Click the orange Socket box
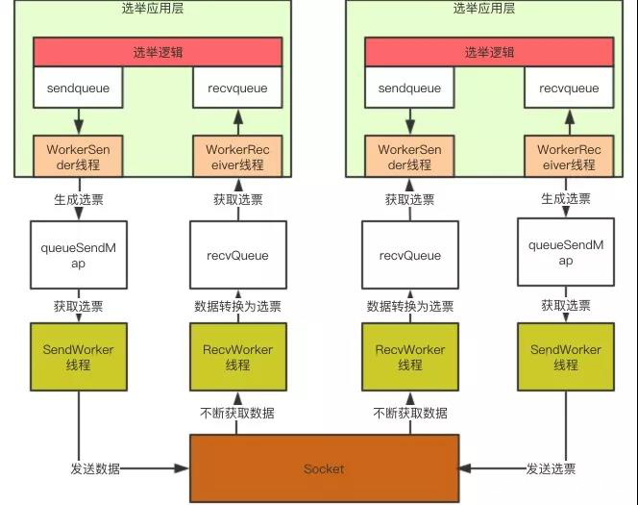(x=323, y=468)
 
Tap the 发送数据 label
(x=95, y=468)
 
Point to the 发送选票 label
(x=551, y=468)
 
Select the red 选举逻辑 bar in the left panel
(x=158, y=52)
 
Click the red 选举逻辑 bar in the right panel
(x=489, y=52)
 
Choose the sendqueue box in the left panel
(x=78, y=88)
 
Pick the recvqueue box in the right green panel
(x=568, y=88)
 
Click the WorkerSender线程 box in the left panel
(x=78, y=157)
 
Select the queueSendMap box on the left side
(x=78, y=254)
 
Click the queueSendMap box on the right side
(x=566, y=252)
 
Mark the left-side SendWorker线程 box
(x=78, y=357)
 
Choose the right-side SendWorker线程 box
(x=566, y=357)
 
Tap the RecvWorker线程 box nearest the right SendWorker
(x=410, y=357)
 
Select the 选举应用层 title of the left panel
(x=158, y=9)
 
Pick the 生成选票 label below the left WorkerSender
(x=78, y=199)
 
